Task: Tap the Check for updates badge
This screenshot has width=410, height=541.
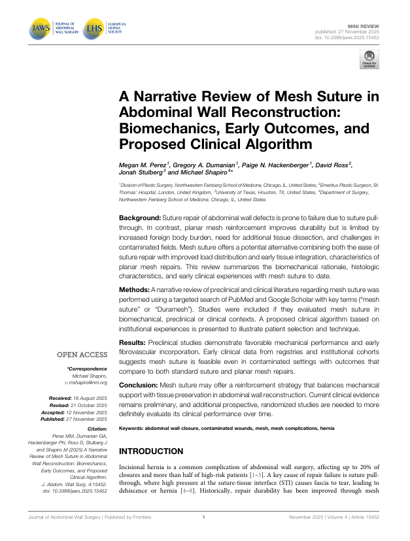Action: [368, 61]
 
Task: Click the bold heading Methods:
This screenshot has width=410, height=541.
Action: [134, 289]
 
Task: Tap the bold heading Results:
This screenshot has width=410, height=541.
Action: [133, 343]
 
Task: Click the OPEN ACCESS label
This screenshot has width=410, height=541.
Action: [82, 355]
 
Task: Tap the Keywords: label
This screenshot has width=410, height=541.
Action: [133, 429]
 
